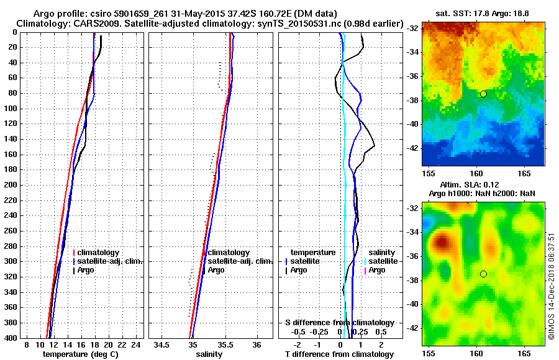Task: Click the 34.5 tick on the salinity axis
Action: (x=163, y=345)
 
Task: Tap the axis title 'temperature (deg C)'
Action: (x=80, y=354)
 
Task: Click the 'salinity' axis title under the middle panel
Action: (x=209, y=354)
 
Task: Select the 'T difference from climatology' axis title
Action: (x=339, y=354)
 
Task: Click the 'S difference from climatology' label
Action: (x=339, y=323)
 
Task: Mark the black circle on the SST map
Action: (x=483, y=94)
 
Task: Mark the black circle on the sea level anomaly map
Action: (x=483, y=274)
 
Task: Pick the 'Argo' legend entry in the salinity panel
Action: (x=216, y=271)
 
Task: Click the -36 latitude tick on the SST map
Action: (x=414, y=76)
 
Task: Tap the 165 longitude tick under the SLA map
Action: (x=524, y=353)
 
